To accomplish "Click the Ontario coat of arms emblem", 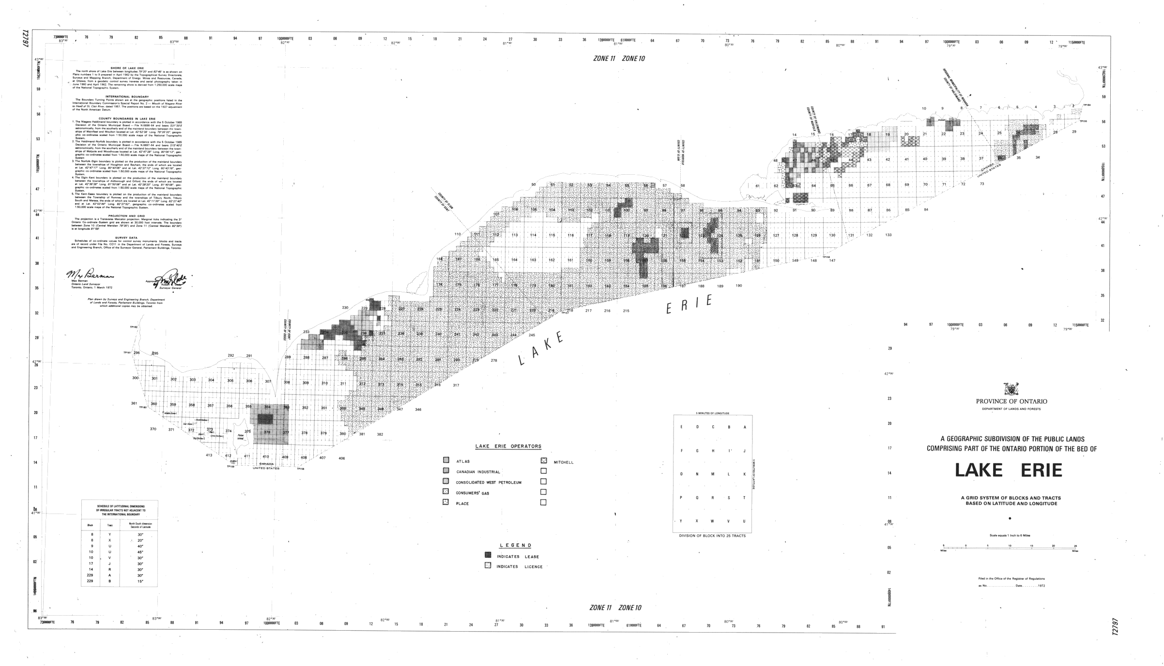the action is pos(1011,390).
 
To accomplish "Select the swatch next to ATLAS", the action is pos(446,460).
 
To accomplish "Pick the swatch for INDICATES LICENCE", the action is pos(488,565).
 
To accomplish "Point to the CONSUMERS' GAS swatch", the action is pos(446,492).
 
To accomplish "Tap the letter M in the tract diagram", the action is pos(713,474).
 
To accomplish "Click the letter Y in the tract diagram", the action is pos(681,521).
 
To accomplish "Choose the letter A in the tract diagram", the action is pos(744,427).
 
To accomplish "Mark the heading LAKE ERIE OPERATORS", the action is pos(508,446).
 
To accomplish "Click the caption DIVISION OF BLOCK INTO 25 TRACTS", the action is pos(712,536).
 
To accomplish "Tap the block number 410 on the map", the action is pos(265,457).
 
